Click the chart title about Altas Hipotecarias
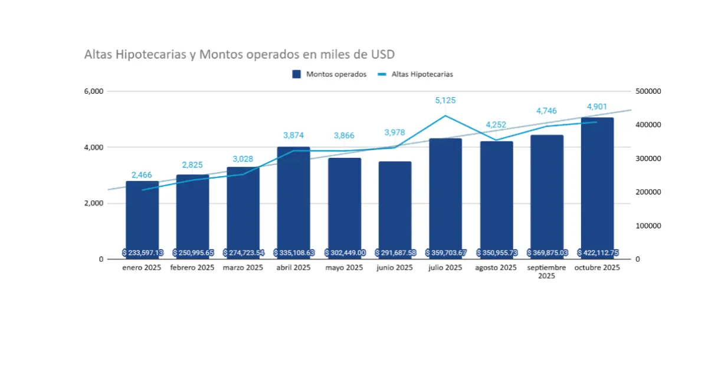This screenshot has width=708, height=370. pos(240,55)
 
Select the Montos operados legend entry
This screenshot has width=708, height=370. pos(330,74)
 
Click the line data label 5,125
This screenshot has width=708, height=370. pos(445,101)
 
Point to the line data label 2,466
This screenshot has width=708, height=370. pos(142,175)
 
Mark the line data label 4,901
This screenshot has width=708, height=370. pos(597,107)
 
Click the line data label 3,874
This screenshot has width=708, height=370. pos(294,136)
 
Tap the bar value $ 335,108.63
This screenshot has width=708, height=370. pos(294,252)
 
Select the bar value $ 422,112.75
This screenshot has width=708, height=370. pos(597,252)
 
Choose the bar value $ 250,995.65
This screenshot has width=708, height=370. pos(193,252)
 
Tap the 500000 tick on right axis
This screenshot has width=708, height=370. pos(647,91)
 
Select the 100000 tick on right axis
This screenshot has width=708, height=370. pos(647,226)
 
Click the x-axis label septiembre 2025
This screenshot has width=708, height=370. pos(546,271)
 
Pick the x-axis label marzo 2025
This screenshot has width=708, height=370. pos(243,267)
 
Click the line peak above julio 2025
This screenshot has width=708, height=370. pos(445,116)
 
